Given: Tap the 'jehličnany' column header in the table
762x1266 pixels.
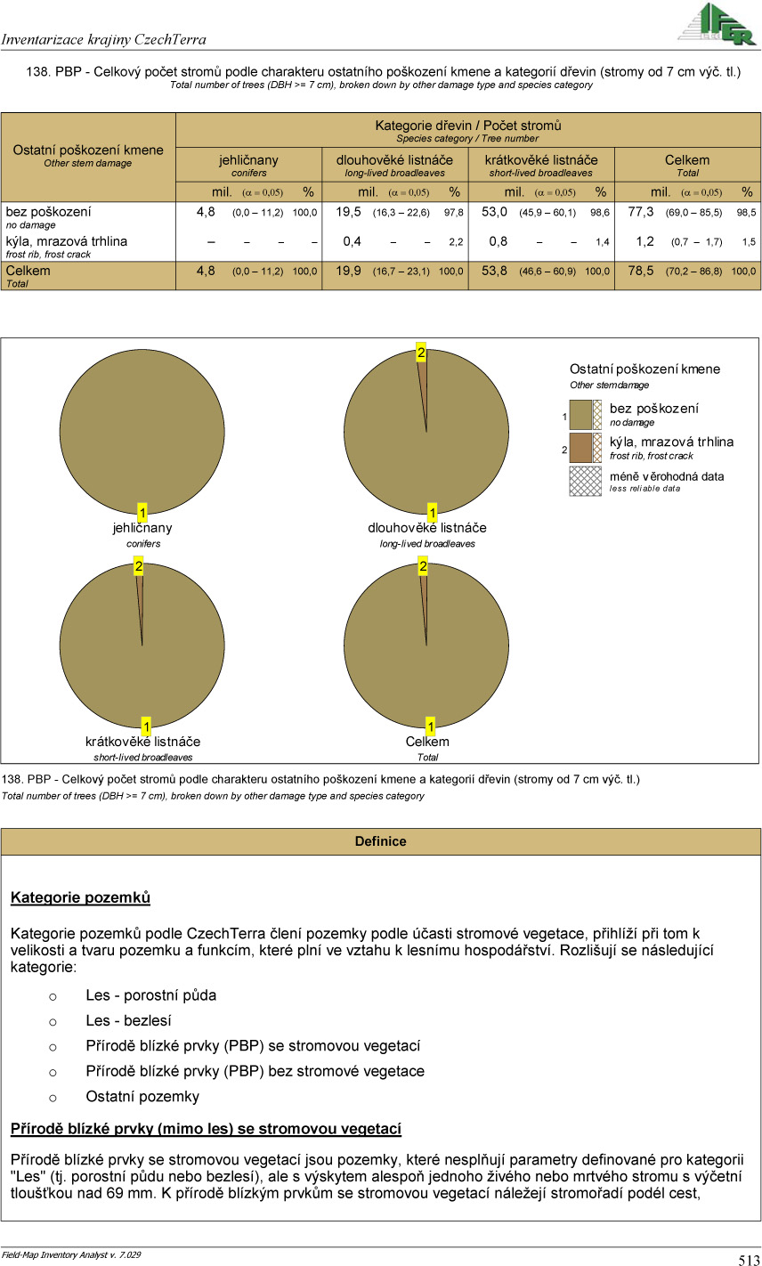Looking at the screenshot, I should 248,160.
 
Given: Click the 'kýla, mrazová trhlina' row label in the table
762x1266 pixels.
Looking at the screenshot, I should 67,241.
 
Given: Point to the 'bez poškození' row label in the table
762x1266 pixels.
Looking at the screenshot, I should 48,212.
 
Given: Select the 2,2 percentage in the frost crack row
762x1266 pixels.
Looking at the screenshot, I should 455,242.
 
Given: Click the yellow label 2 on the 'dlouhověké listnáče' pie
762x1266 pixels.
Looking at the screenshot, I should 421,353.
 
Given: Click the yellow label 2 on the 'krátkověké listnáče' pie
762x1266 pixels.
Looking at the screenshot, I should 138,566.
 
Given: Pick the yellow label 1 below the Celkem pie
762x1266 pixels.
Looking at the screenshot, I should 431,726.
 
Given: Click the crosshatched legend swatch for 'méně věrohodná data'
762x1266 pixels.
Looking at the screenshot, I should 586,481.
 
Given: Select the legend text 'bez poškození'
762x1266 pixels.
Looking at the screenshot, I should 653,408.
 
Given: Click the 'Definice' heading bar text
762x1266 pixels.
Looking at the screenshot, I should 380,841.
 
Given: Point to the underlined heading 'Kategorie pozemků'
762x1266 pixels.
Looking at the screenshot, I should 80,897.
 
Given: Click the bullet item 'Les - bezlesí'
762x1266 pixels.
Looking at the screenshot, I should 128,1020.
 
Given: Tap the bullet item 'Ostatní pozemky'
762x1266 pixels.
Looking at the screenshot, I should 142,1096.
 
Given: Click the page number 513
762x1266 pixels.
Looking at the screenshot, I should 748,1259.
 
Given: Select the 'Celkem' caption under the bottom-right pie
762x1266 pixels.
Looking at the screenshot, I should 427,742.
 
